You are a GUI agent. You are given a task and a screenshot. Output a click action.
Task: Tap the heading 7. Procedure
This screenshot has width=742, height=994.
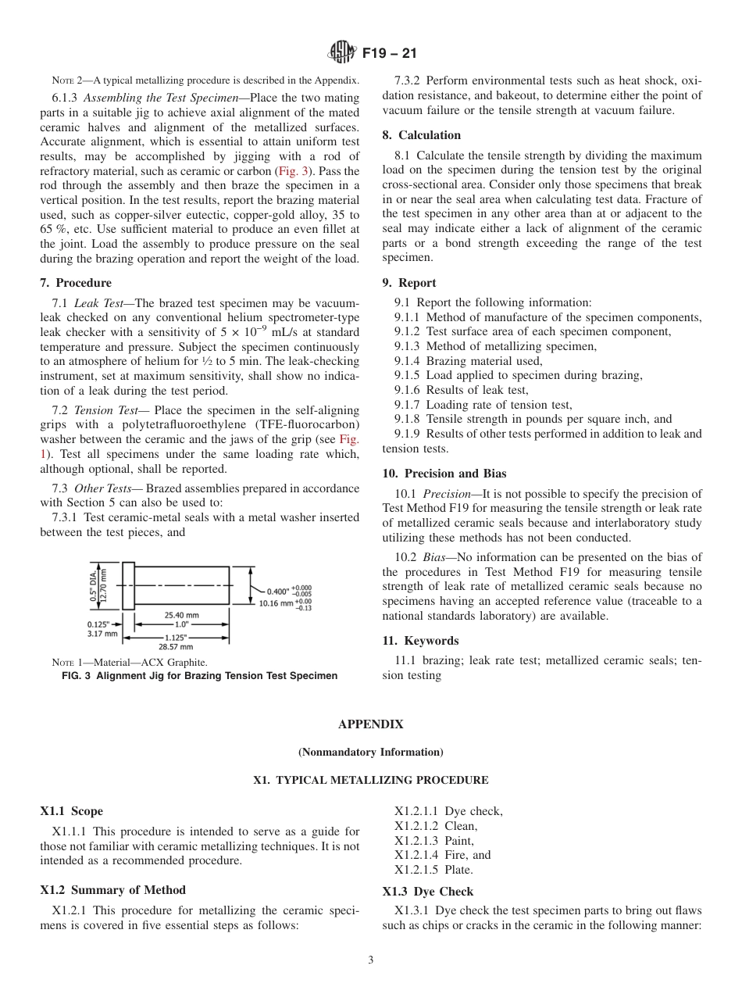76,283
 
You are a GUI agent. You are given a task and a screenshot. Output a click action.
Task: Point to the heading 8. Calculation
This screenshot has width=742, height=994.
421,135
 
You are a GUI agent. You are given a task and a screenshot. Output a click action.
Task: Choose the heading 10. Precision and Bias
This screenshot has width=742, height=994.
444,474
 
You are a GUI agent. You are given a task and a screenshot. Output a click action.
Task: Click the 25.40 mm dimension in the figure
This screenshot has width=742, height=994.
181,615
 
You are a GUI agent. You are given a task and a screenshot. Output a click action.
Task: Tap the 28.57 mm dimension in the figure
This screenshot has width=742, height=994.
176,647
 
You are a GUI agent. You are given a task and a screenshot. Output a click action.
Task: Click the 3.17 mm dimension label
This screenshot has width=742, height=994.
102,634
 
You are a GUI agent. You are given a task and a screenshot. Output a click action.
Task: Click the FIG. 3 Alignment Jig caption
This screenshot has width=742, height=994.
199,676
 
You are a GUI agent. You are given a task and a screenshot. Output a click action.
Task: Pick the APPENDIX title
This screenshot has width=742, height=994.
370,724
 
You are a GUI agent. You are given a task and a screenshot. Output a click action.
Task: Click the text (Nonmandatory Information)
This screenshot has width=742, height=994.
370,752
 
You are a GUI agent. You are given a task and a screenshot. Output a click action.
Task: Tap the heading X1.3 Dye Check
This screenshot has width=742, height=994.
427,892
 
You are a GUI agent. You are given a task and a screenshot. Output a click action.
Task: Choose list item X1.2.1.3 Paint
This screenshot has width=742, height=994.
433,841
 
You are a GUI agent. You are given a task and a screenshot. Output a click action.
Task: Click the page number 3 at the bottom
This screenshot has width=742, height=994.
370,960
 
